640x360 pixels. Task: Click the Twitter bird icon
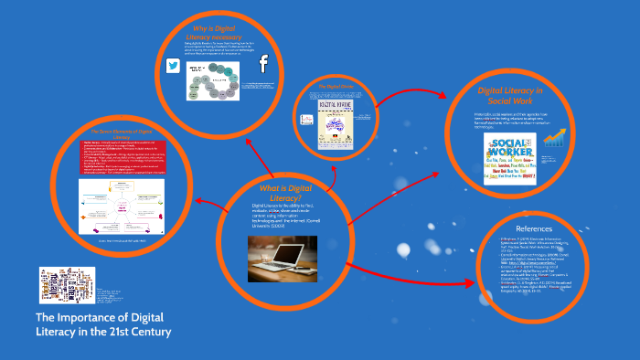pos(171,66)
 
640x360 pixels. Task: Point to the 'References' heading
pos(560,228)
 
